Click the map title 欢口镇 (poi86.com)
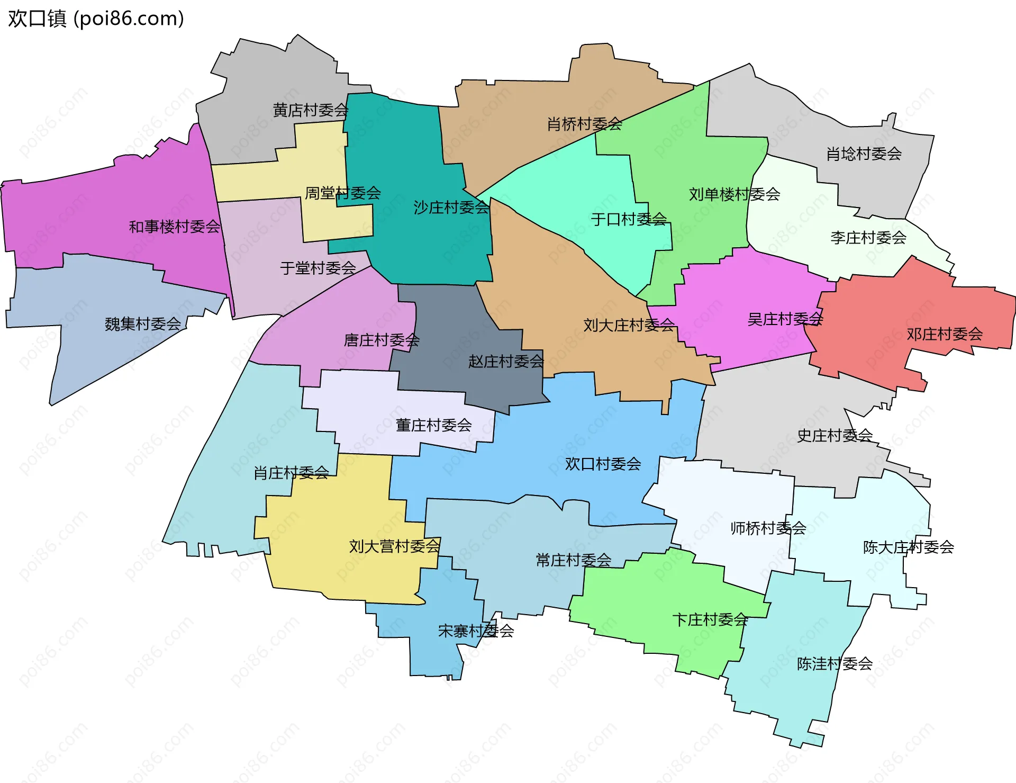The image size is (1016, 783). [x=96, y=19]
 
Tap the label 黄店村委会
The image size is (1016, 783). [x=310, y=110]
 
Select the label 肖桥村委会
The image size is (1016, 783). [x=584, y=124]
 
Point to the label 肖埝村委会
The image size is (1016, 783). [x=864, y=154]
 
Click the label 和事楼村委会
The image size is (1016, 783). [x=175, y=227]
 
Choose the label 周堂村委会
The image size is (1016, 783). [x=342, y=193]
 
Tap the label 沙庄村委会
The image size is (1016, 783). [x=451, y=208]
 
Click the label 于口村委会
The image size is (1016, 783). [x=629, y=219]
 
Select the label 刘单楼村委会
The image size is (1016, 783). [x=734, y=194]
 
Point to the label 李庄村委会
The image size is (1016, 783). [x=868, y=238]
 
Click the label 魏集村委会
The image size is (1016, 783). [x=143, y=324]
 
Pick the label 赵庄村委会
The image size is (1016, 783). [x=506, y=362]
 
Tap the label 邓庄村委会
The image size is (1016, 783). [x=944, y=334]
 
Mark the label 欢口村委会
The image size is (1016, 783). [x=603, y=464]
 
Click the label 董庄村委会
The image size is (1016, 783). [x=433, y=425]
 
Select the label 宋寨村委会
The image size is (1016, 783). [x=476, y=631]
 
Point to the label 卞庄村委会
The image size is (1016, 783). [x=710, y=619]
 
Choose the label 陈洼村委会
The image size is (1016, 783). [x=834, y=663]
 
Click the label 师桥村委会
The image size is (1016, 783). [x=768, y=528]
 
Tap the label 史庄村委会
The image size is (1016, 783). [x=834, y=436]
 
